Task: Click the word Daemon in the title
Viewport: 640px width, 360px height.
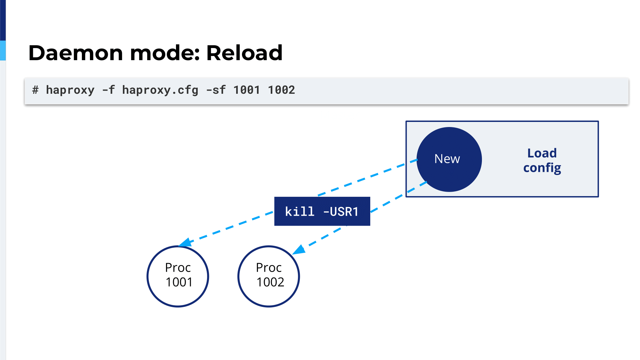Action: coord(76,53)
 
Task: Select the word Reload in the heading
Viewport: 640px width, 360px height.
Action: coord(244,53)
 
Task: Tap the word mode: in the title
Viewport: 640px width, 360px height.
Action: coord(165,53)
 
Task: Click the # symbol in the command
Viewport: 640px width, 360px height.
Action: coord(36,90)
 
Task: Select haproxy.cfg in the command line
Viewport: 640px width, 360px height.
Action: coord(160,90)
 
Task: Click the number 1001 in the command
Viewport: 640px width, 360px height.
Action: coord(246,90)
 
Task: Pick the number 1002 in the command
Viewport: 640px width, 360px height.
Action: coord(281,90)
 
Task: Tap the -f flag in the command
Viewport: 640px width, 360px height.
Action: coord(108,90)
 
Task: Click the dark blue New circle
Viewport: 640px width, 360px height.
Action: coord(449,159)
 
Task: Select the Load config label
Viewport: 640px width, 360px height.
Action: coord(542,161)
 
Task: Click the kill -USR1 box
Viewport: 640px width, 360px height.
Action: coord(322,211)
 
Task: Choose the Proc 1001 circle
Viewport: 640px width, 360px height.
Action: coord(178,276)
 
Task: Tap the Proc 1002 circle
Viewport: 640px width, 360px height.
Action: coord(269,276)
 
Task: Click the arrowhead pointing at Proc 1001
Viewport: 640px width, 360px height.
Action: coord(185,243)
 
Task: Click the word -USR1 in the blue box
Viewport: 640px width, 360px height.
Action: coord(341,212)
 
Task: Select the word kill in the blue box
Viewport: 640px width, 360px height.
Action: coord(300,212)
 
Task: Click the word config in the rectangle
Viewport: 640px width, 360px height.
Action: coord(542,168)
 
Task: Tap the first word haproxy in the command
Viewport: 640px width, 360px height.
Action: coord(70,90)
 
